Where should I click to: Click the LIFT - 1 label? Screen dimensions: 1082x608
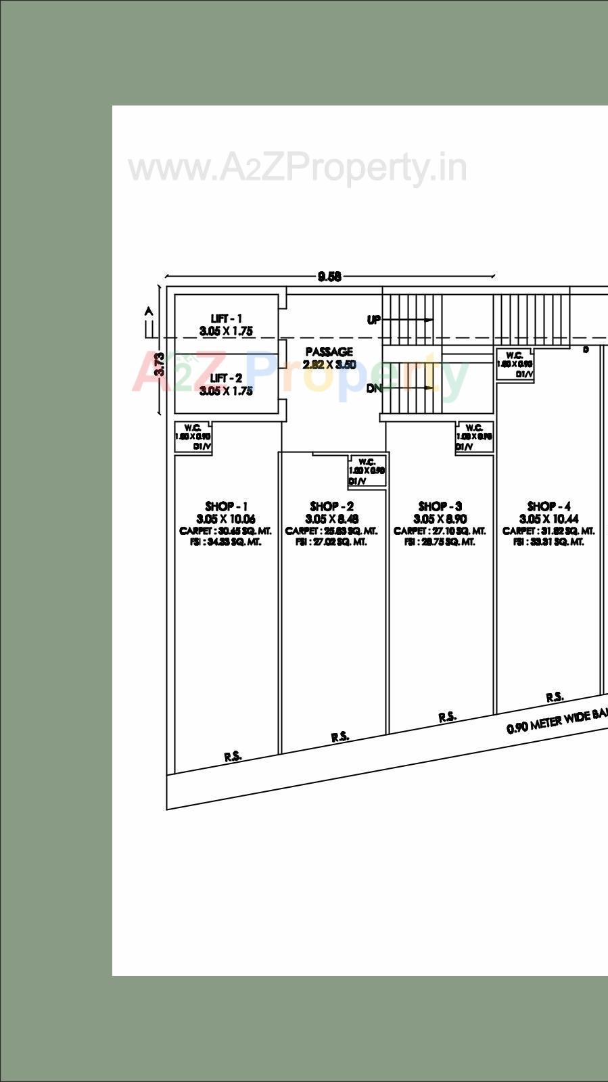tap(226, 319)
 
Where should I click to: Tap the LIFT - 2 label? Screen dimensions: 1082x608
tap(226, 379)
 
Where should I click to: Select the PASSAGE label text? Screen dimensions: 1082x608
tap(329, 352)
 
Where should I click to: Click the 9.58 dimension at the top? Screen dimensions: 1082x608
tap(329, 277)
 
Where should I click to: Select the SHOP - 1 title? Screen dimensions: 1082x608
tap(226, 507)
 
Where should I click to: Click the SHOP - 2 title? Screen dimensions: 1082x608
tap(331, 507)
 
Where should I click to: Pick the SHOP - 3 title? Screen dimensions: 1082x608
tap(440, 507)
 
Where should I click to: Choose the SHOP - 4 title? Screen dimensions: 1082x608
tap(548, 507)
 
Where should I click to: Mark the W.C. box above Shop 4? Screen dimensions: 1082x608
tap(515, 364)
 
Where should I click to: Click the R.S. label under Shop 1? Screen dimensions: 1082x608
tap(233, 757)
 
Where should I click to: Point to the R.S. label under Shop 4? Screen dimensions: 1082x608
tap(555, 697)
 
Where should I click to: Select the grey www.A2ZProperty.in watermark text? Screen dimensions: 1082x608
tap(298, 168)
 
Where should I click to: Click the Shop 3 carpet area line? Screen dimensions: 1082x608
tap(440, 532)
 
